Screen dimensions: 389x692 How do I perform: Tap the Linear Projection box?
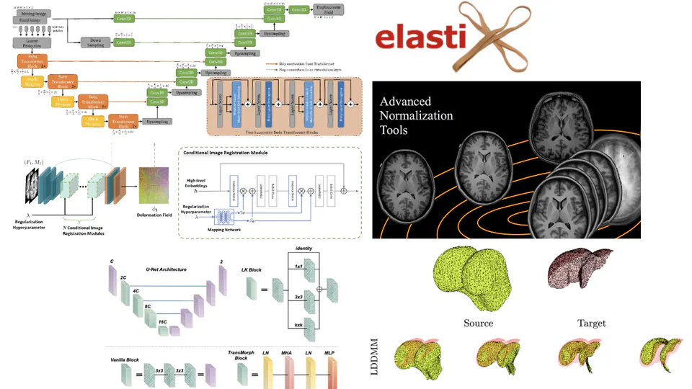tap(31, 43)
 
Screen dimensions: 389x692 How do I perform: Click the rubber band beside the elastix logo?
tap(505, 35)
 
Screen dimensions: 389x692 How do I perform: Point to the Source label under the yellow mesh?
tap(478, 323)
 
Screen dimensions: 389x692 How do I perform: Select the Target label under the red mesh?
tap(591, 323)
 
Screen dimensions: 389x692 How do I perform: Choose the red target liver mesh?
tap(581, 270)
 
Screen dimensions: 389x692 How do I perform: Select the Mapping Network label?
tap(221, 231)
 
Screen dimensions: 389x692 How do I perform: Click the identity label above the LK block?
tap(304, 249)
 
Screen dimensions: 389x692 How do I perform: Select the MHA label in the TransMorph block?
tap(286, 353)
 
